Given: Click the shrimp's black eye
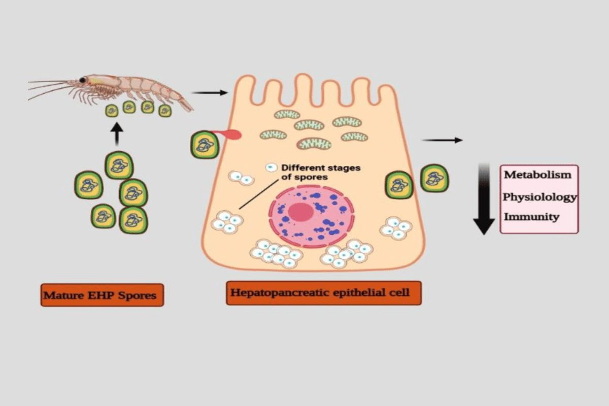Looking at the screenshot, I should coord(82,80).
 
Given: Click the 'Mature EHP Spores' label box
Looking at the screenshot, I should coord(102,295).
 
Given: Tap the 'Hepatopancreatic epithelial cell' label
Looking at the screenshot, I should coord(323,293).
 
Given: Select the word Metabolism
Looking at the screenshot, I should coord(537,175).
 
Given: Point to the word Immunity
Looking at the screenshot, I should coord(531,217).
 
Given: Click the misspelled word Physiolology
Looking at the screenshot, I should coord(540,196).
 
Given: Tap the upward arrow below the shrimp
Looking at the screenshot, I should coord(117,134).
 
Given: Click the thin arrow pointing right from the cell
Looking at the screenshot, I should coord(442,140).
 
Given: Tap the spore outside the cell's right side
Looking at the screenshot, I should coord(434,178).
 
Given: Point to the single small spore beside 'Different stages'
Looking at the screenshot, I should coord(272,167).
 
